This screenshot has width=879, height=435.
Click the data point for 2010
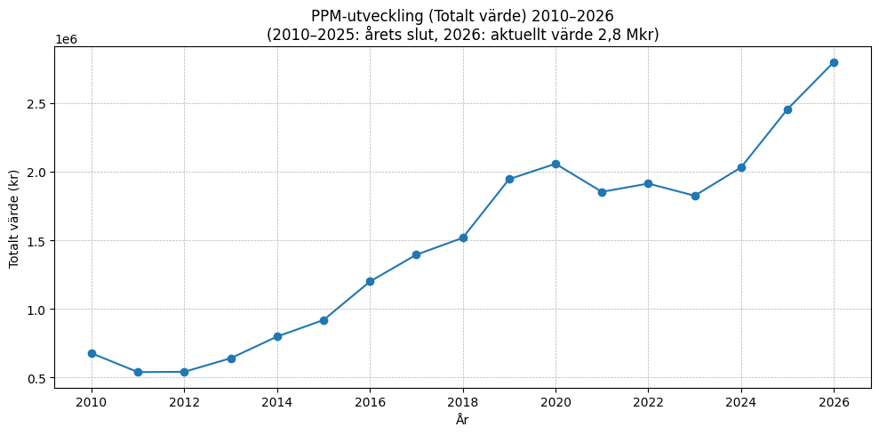pyautogui.click(x=92, y=353)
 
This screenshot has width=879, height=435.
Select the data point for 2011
pyautogui.click(x=138, y=372)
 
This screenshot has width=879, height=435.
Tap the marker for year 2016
pyautogui.click(x=370, y=281)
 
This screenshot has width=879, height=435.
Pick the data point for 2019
pyautogui.click(x=509, y=179)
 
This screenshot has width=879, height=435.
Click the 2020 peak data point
pyautogui.click(x=555, y=164)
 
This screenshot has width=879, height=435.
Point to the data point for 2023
pyautogui.click(x=695, y=196)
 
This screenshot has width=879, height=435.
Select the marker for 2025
pyautogui.click(x=787, y=109)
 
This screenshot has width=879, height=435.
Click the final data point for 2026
pyautogui.click(x=834, y=62)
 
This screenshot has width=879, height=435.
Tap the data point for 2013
pyautogui.click(x=231, y=358)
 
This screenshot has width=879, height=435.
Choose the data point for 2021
pyautogui.click(x=602, y=192)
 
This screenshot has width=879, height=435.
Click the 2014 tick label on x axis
pyautogui.click(x=277, y=402)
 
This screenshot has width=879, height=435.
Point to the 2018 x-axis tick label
pyautogui.click(x=463, y=402)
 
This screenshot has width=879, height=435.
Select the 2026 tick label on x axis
pyautogui.click(x=834, y=402)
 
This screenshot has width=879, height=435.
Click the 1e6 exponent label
pyautogui.click(x=66, y=39)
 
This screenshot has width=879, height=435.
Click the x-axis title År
pyautogui.click(x=462, y=420)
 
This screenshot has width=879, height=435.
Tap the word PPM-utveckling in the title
pyautogui.click(x=363, y=16)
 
